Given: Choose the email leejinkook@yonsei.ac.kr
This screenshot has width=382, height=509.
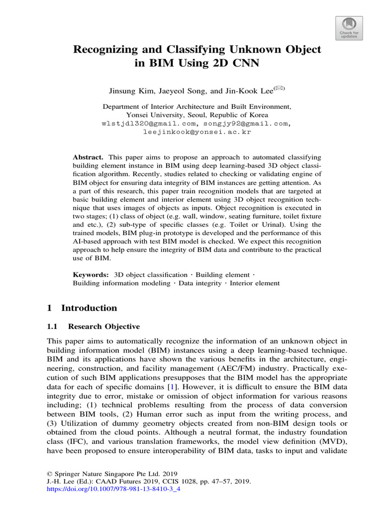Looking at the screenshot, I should pyautogui.click(x=197, y=132).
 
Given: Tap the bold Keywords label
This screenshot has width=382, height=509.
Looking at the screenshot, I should pyautogui.click(x=91, y=274).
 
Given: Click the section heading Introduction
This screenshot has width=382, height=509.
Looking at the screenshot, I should pyautogui.click(x=89, y=308).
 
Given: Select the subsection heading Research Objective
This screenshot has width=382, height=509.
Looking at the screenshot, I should pyautogui.click(x=103, y=327).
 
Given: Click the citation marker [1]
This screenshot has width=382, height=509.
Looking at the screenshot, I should pyautogui.click(x=171, y=386).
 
